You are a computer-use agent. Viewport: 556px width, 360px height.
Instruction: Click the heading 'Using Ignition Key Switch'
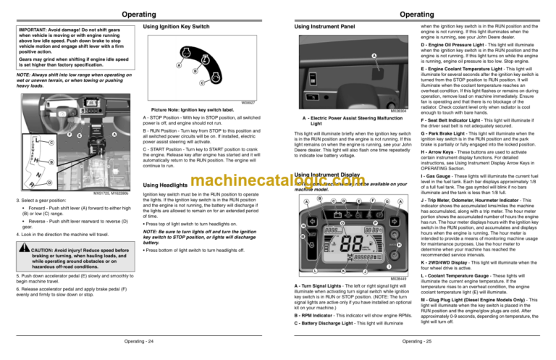click(x=177, y=28)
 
